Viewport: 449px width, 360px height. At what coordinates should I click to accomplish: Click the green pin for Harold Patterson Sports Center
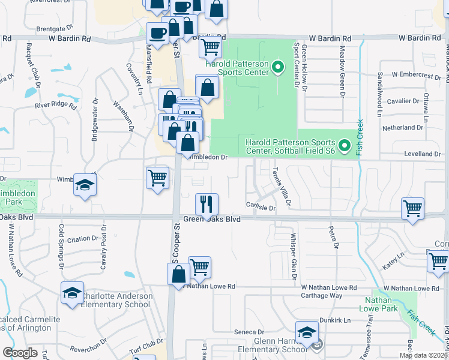277,67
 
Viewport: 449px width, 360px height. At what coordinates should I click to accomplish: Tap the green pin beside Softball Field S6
345,146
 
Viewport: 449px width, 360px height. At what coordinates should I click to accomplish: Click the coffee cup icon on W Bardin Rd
157,34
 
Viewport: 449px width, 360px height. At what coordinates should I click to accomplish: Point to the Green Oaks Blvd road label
212,220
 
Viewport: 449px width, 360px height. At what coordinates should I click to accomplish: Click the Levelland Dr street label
423,154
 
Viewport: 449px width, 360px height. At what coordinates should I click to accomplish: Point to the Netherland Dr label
403,128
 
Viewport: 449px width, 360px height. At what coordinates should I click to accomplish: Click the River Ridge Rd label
56,106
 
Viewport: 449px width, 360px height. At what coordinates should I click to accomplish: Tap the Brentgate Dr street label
54,28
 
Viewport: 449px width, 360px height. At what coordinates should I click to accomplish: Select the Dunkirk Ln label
335,320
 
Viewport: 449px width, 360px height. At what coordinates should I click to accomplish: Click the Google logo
20,353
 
